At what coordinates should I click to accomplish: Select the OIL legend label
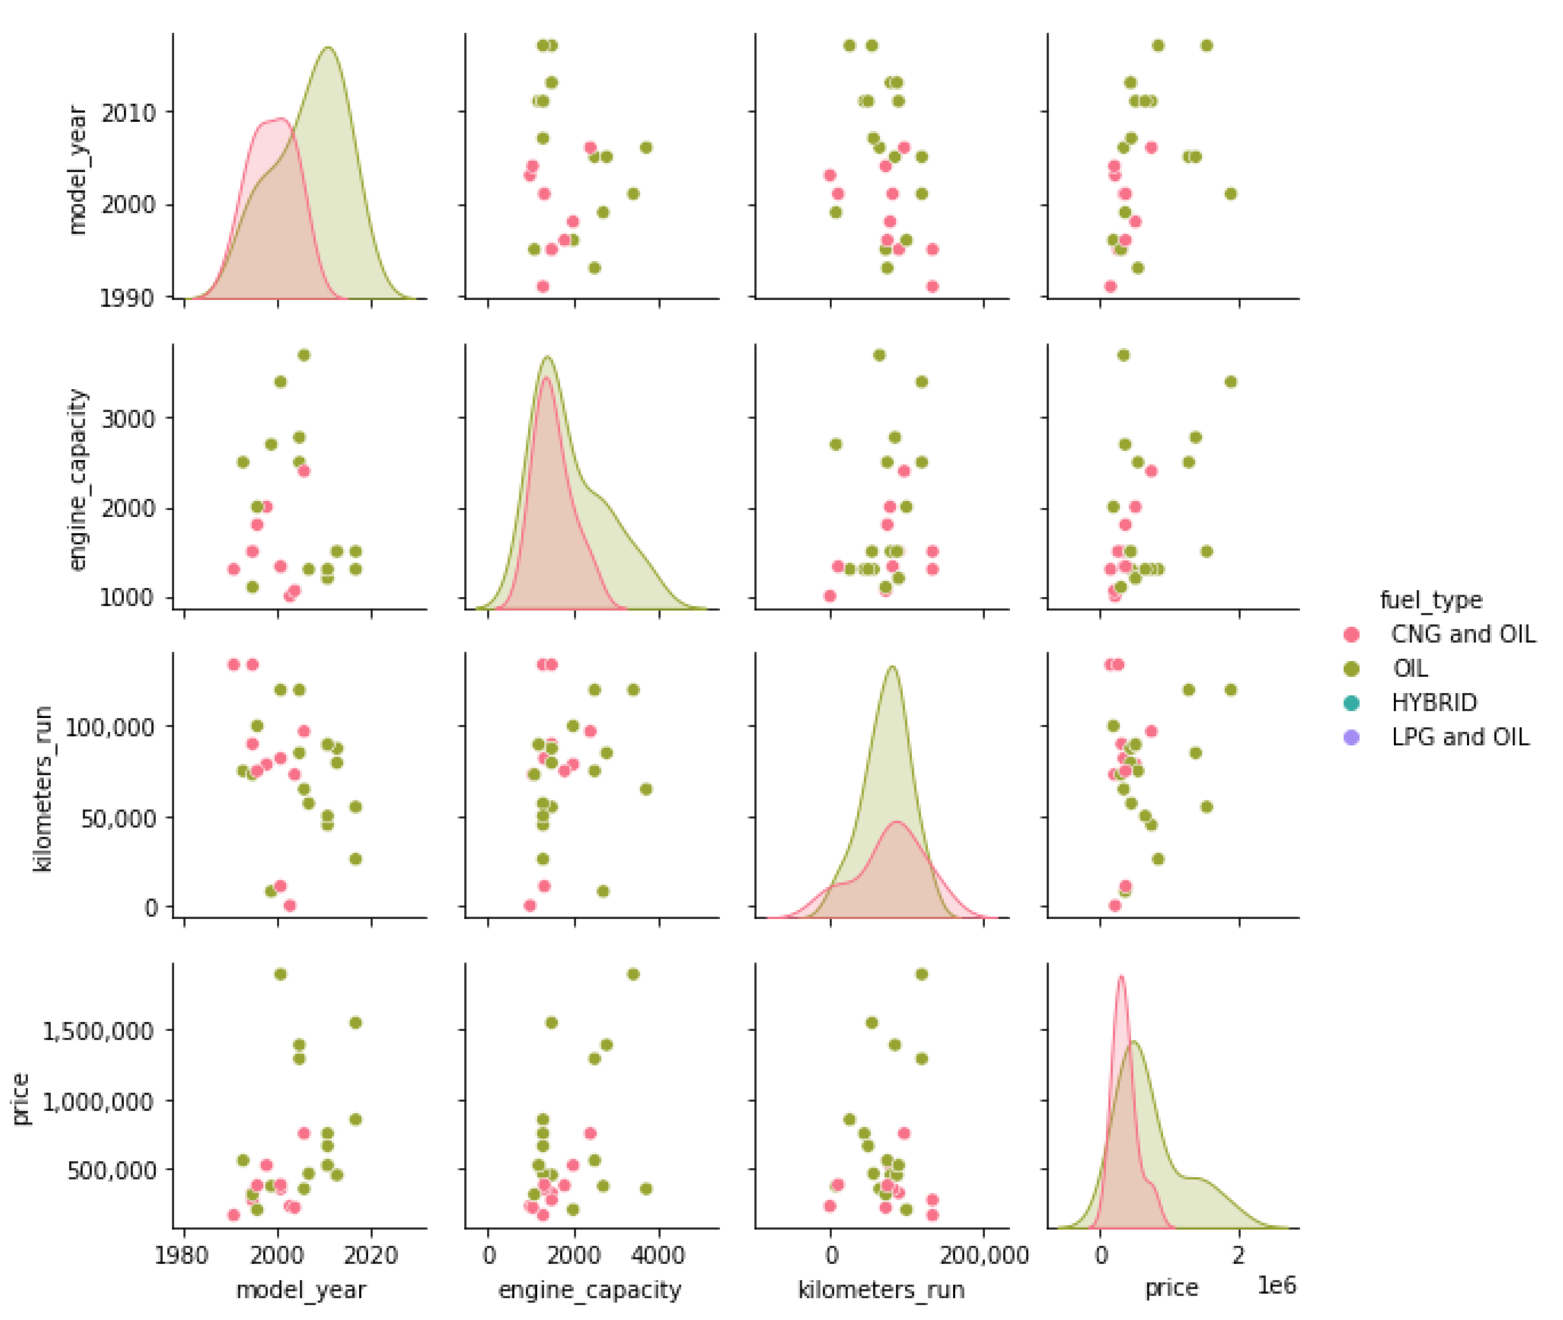coord(1410,668)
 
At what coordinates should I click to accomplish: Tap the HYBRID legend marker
coord(1351,703)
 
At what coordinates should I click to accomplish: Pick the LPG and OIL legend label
coord(1460,737)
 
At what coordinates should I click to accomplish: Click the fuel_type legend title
coord(1431,600)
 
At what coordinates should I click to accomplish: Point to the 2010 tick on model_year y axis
coord(128,112)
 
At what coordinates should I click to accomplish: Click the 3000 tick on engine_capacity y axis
coord(128,418)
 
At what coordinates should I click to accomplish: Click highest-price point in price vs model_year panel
coord(281,974)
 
